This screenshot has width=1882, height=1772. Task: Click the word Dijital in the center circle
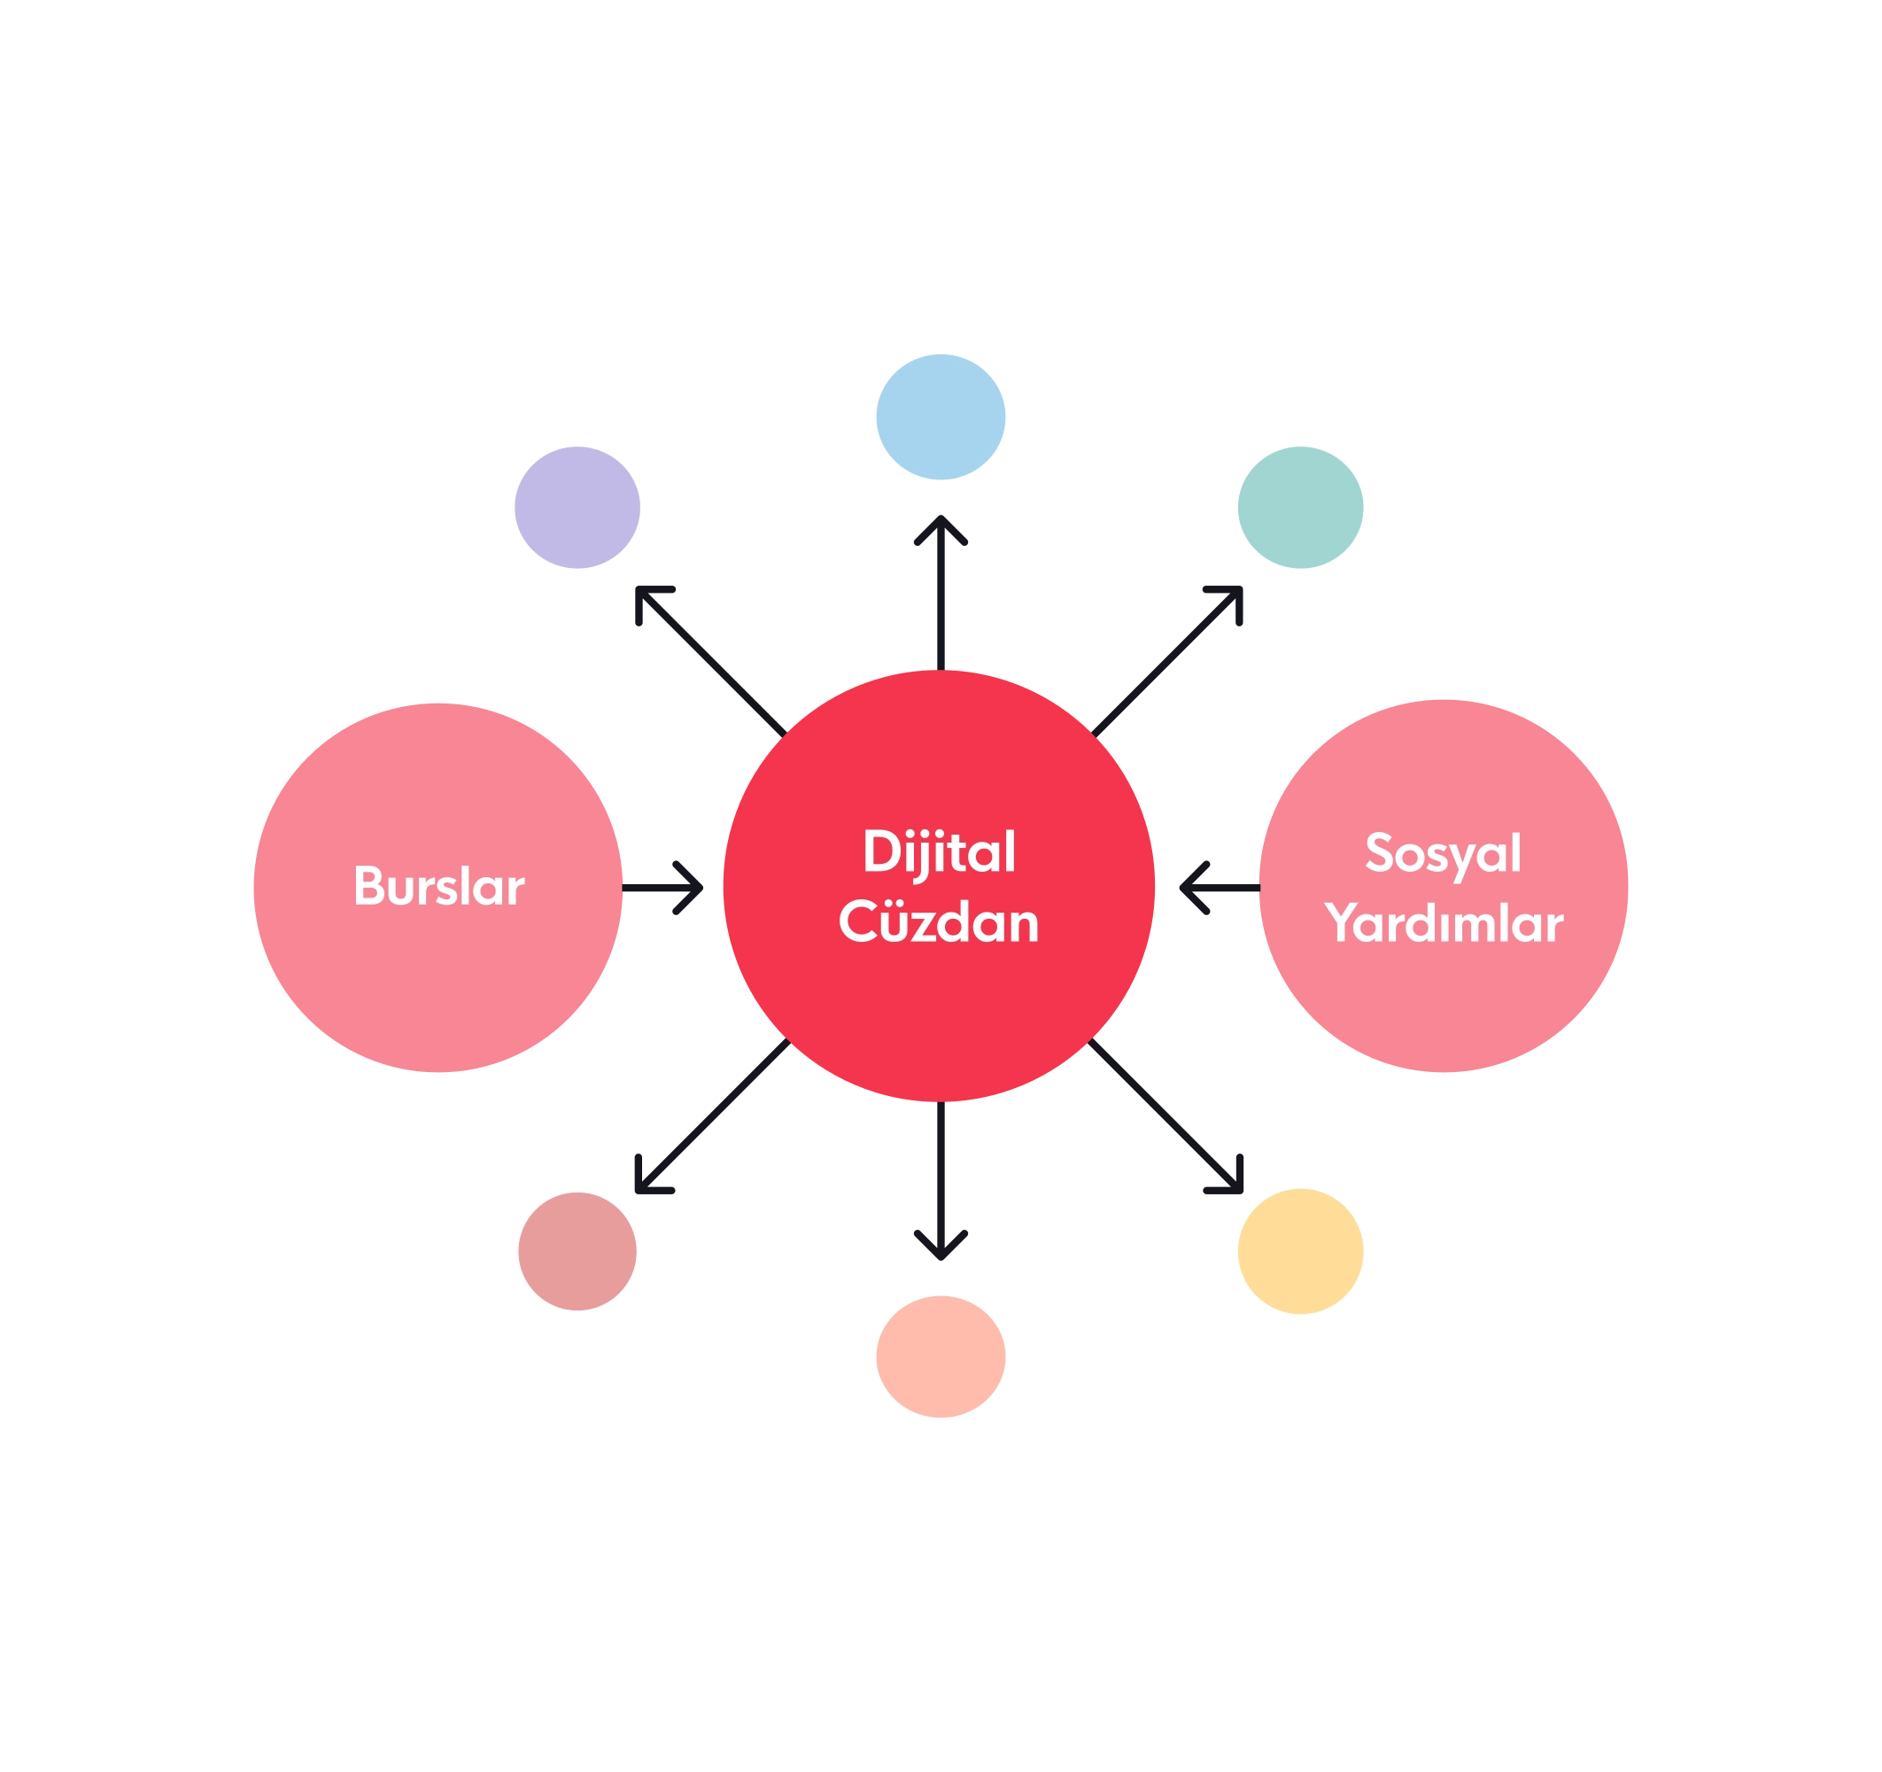click(x=938, y=853)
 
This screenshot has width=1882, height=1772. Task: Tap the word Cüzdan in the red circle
click(x=938, y=922)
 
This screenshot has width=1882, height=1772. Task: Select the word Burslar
click(x=438, y=887)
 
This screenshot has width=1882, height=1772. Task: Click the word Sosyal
click(x=1443, y=853)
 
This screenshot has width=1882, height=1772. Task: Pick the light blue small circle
click(x=940, y=416)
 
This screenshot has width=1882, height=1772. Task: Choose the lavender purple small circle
click(x=577, y=507)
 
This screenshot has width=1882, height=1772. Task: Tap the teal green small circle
click(x=1300, y=507)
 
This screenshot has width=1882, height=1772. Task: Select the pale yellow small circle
click(x=1300, y=1251)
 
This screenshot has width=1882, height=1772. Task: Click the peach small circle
click(x=940, y=1356)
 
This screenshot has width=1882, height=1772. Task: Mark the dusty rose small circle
click(x=577, y=1250)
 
